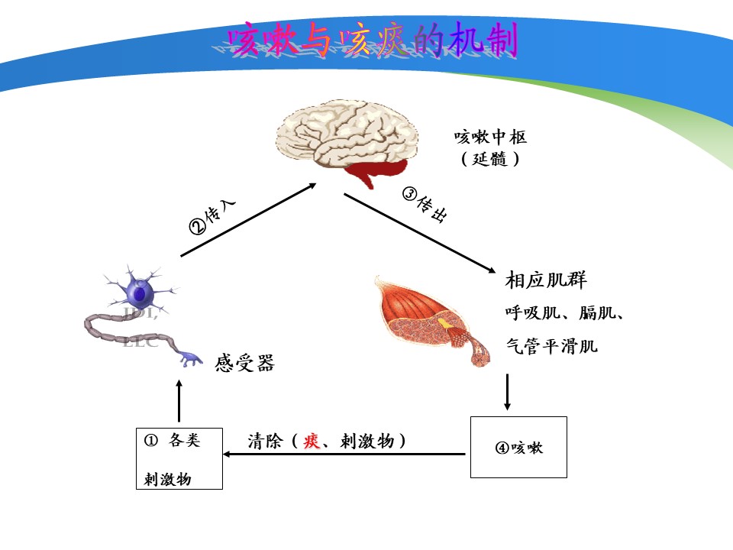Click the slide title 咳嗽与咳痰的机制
coord(373,40)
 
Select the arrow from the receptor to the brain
coord(248,219)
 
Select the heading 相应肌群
coord(546,280)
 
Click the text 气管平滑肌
coord(551,346)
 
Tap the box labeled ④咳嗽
coord(518,448)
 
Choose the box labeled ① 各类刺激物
coord(179,458)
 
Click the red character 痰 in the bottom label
coord(311,441)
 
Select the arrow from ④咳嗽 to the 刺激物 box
coord(344,455)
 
